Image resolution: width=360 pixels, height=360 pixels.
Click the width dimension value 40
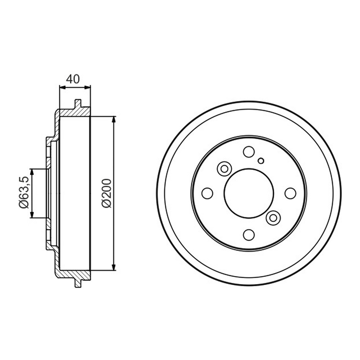click(x=73, y=79)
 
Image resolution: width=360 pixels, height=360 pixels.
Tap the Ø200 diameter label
click(x=107, y=193)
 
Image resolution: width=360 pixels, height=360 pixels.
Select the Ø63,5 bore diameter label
click(x=24, y=192)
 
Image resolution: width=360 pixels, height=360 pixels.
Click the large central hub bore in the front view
click(x=249, y=193)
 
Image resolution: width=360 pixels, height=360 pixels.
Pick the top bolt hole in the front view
click(x=249, y=152)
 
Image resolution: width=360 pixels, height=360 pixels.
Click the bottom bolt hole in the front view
click(x=249, y=235)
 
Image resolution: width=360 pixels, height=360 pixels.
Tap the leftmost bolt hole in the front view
click(x=207, y=193)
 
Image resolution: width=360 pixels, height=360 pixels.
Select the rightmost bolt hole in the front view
click(x=290, y=193)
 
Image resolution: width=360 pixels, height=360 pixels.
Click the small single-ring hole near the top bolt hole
click(x=261, y=161)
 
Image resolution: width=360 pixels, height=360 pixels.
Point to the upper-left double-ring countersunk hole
click(x=224, y=169)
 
